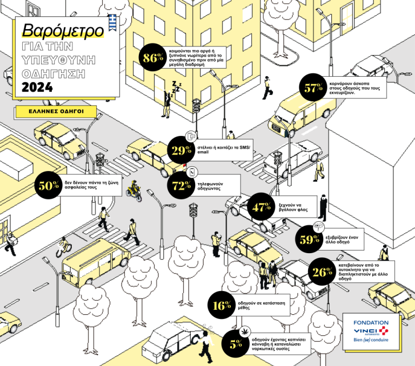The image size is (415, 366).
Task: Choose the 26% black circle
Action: coord(322,273)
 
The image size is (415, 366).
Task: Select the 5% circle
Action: coord(236,344)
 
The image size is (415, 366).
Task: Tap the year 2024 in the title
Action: coord(38,87)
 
